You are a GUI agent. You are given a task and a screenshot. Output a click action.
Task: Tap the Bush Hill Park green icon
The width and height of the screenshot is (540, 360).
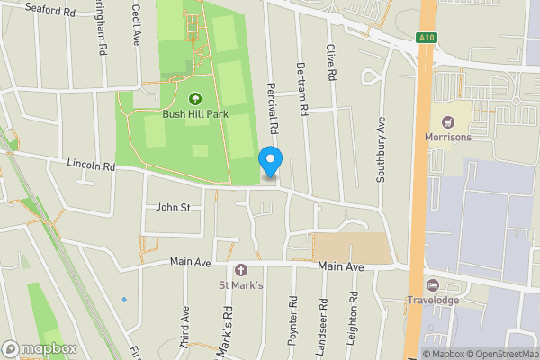195,100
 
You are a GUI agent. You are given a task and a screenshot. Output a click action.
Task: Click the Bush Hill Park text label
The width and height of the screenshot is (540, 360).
195,114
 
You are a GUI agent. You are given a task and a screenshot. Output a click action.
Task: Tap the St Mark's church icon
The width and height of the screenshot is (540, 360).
240,269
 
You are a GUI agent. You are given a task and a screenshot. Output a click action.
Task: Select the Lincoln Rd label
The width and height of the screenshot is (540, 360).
91,166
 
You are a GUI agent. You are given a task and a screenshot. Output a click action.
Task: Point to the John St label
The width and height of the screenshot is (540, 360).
173,207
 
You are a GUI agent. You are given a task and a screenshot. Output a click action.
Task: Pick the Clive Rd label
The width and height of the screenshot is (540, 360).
331,64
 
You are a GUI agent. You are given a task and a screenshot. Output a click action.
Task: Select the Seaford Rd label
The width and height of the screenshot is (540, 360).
50,11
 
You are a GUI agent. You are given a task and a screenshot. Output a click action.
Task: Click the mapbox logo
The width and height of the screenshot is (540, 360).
40,348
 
